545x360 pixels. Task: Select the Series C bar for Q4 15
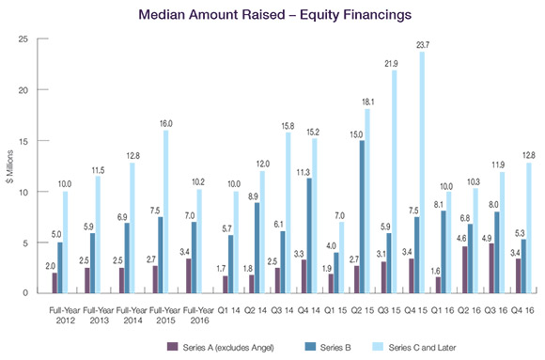tap(422, 173)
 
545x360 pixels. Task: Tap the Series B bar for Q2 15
tap(362, 217)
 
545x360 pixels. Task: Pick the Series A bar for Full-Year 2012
tap(54, 283)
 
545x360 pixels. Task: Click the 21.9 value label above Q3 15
tap(391, 64)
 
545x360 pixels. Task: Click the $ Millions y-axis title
tap(9, 166)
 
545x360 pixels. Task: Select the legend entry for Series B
tap(328, 347)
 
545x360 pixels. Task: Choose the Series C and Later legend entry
tap(414, 347)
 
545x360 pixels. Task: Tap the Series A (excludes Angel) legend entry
tap(221, 347)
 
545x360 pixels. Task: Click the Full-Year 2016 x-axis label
tap(199, 315)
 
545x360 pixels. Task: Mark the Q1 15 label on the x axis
tap(335, 310)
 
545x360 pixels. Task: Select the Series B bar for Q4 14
tap(309, 236)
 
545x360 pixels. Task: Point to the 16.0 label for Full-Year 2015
tap(165, 123)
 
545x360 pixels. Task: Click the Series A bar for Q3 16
tap(491, 268)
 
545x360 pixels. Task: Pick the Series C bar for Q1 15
tap(341, 258)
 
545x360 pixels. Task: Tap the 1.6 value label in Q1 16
tap(436, 271)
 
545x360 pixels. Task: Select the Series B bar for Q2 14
tap(257, 248)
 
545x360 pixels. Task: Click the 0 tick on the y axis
tap(25, 293)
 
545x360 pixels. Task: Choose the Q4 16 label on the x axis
tap(522, 310)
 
